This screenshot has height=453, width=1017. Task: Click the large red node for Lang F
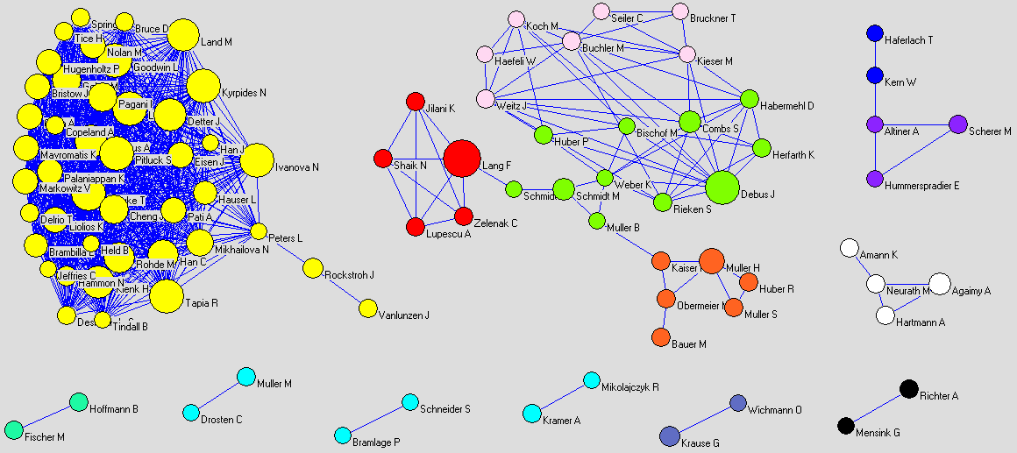[x=461, y=159]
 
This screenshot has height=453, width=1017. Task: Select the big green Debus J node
[x=722, y=188]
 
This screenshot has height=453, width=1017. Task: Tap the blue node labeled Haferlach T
[x=874, y=33]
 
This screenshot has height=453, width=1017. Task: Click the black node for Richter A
[x=909, y=389]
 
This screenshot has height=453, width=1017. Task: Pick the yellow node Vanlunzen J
[x=367, y=308]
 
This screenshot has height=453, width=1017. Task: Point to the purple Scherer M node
[x=957, y=124]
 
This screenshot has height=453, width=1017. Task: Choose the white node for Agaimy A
[x=939, y=283]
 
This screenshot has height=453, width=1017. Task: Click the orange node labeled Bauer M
[x=661, y=337]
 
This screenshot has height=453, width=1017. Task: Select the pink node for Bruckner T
[x=680, y=11]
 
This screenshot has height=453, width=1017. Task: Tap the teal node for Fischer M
[x=13, y=429]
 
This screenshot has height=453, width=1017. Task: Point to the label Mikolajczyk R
[x=630, y=387]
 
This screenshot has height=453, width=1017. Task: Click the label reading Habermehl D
[x=788, y=106]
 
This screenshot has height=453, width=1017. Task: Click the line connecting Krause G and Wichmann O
[x=704, y=419]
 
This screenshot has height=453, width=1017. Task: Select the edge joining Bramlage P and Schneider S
[x=377, y=419]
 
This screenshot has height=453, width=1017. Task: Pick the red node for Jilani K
[x=416, y=102]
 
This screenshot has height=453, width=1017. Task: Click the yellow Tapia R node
[x=166, y=296]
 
